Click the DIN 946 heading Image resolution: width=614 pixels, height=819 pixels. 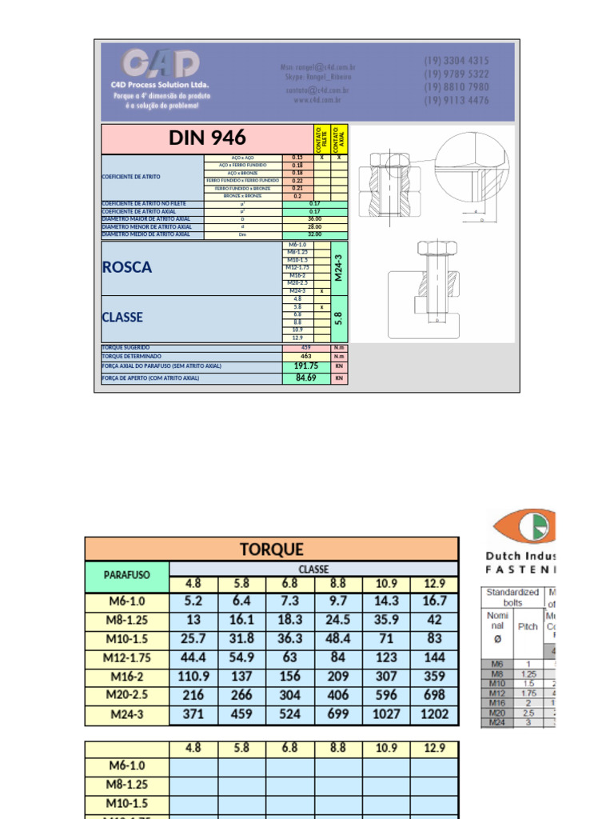pos(207,138)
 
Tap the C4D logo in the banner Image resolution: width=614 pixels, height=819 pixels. pos(160,63)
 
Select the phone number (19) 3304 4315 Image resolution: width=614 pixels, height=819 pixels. pos(456,61)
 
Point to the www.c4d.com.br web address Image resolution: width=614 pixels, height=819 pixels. pos(317,100)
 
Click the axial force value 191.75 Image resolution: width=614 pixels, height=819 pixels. pos(305,366)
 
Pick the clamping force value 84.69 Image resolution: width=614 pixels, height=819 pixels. pos(305,378)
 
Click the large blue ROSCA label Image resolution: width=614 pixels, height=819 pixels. pos(127,268)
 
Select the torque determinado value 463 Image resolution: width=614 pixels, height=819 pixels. pos(305,356)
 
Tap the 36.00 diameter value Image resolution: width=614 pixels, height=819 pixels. pos(314,218)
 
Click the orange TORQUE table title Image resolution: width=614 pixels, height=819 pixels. pos(272,549)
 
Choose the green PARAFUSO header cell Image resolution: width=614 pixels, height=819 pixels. pos(127,574)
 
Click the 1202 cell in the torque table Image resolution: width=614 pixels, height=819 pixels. pos(434,714)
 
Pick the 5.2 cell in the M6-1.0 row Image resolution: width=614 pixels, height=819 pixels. pos(193,601)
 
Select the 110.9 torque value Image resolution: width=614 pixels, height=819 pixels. pos(193,677)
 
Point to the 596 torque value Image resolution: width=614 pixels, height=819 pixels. pos(386,695)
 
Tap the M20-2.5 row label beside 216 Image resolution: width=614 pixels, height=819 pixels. pos(127,695)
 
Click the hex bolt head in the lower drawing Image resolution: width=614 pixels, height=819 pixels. pos(426,248)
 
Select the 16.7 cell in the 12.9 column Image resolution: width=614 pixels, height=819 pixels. pos(434,601)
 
